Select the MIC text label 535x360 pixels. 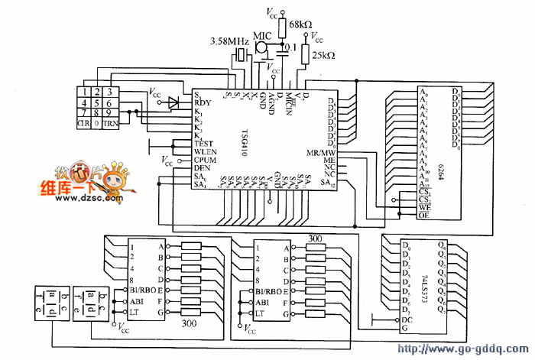(263, 34)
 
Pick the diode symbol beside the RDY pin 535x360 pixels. (174, 102)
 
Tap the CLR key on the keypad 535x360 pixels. (84, 123)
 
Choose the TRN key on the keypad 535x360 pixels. (112, 123)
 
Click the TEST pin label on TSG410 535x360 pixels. (204, 143)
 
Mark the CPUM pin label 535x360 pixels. (206, 160)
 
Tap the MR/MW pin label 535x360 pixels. (321, 152)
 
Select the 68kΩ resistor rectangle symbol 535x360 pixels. (282, 28)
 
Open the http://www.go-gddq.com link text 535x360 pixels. (464, 350)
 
